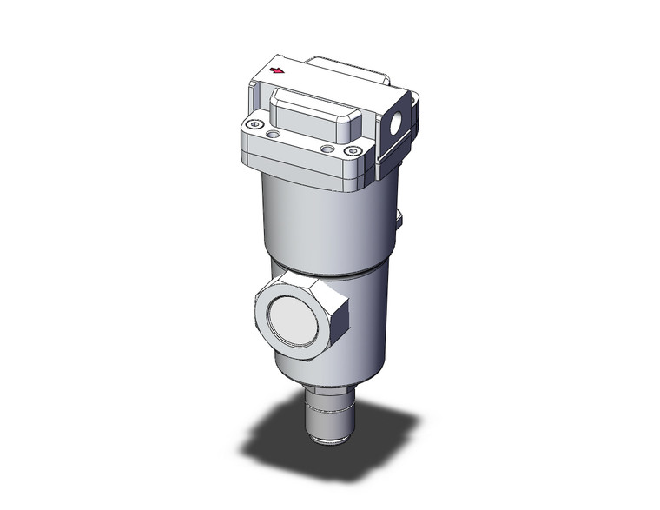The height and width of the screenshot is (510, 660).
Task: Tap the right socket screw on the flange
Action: (353, 153)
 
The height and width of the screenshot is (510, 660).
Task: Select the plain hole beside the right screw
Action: (327, 149)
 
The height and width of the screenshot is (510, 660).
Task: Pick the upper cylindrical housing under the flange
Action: (321, 222)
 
